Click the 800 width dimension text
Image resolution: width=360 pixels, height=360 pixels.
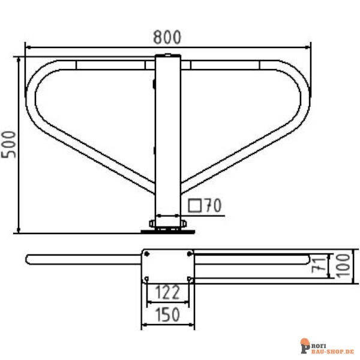pyautogui.click(x=166, y=37)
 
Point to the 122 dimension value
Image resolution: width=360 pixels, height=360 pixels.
pyautogui.click(x=167, y=293)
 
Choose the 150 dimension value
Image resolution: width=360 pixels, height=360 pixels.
pyautogui.click(x=167, y=313)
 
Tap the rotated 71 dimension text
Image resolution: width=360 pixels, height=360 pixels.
pyautogui.click(x=322, y=265)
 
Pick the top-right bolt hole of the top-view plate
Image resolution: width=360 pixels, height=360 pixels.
pyautogui.click(x=189, y=254)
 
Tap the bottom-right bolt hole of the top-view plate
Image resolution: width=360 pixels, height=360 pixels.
pyautogui.click(x=189, y=278)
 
